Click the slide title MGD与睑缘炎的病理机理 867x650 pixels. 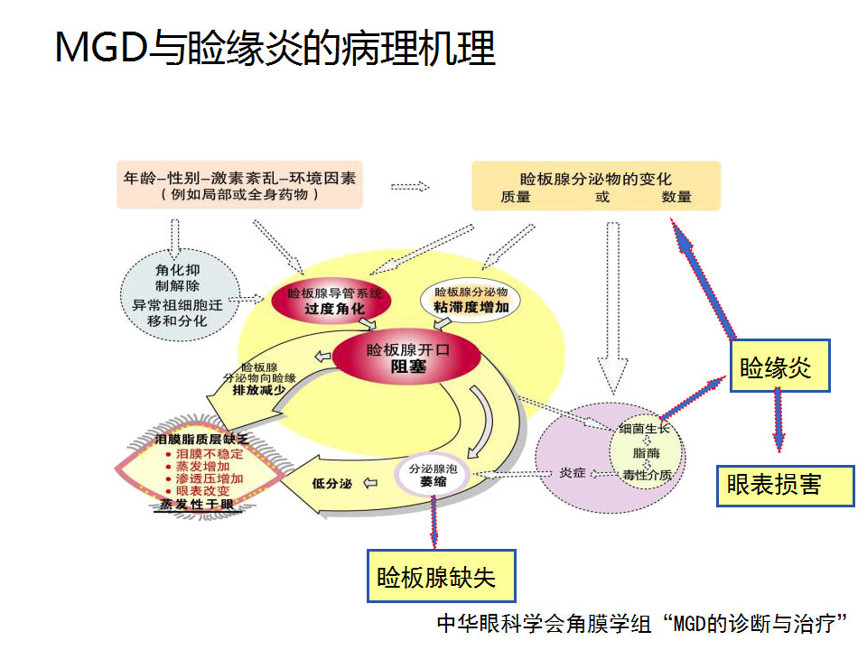[x=275, y=48]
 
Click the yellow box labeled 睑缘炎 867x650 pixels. [x=779, y=367]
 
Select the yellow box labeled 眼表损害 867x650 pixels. [x=784, y=486]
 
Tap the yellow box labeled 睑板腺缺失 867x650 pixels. [x=440, y=575]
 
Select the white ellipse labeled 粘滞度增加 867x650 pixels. [x=471, y=301]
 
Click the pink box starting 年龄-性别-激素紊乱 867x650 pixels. [x=239, y=184]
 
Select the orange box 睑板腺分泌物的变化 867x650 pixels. [x=596, y=186]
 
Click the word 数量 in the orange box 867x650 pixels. [x=676, y=197]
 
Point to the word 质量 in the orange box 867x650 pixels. [x=516, y=197]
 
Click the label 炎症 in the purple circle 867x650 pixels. [x=573, y=472]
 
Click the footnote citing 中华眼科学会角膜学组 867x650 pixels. [x=640, y=623]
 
